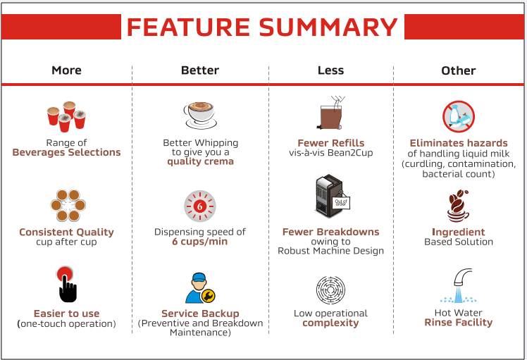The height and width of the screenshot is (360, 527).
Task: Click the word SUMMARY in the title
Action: coord(328,27)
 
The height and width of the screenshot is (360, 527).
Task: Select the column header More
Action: coord(66,70)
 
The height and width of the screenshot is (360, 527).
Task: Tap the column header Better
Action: coord(200,70)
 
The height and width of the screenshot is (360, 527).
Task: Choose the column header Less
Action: coord(330,70)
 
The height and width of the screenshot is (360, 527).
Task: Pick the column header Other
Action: coord(459,70)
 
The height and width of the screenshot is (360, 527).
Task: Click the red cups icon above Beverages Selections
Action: coord(66,116)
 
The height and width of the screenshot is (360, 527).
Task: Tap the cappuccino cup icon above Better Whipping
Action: coord(200,115)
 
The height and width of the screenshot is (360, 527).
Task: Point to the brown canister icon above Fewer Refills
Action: coord(330,113)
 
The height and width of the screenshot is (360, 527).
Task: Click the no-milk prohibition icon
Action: coord(459,117)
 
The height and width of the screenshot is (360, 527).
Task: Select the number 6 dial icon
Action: coord(200,206)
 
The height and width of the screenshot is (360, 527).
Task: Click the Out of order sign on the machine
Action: coord(341,203)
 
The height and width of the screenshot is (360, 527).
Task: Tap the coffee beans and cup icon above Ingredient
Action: coord(458,206)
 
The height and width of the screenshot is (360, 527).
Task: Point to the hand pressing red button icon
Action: coord(67,285)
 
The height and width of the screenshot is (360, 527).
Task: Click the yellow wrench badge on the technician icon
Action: coord(208,296)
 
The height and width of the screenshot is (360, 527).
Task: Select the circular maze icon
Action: coord(330,290)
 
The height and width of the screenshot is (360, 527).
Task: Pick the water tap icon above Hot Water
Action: coord(459,286)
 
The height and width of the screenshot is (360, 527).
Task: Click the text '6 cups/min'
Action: coord(200,242)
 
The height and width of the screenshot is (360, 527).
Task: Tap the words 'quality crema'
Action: coord(200,161)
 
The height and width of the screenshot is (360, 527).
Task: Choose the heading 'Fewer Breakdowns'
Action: coord(330,232)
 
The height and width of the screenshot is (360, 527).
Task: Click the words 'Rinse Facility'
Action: coord(459,323)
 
